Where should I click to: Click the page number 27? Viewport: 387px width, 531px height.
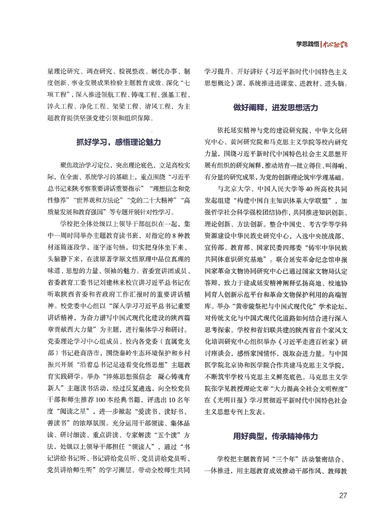343,495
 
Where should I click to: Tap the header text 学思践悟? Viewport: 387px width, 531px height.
307,44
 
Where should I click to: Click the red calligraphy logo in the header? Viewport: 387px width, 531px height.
335,44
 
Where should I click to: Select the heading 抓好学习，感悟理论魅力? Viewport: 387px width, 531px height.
119,142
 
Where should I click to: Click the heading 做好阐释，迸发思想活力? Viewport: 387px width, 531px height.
275,107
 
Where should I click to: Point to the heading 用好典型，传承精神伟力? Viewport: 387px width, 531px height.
275,436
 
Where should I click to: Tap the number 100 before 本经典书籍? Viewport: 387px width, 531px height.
101,400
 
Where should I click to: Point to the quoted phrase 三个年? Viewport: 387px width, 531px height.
285,459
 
